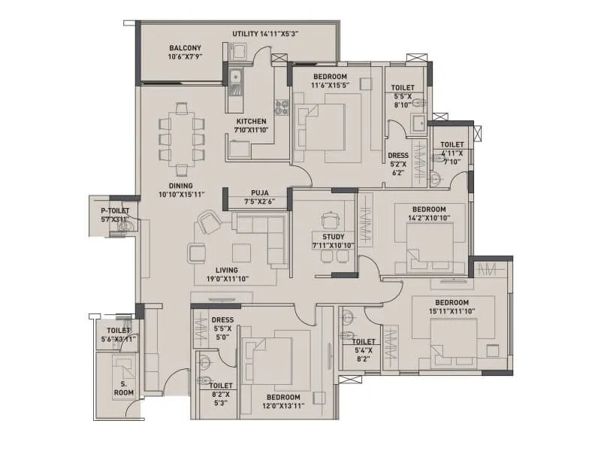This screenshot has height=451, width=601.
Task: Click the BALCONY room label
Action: (185, 48)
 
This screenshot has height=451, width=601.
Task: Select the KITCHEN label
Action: (251, 121)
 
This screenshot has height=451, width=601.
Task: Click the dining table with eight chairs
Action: (180, 137)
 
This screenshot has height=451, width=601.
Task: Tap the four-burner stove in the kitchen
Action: (282, 107)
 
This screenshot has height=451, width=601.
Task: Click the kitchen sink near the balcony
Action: (235, 76)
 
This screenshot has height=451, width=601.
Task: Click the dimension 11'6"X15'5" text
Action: (329, 85)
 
